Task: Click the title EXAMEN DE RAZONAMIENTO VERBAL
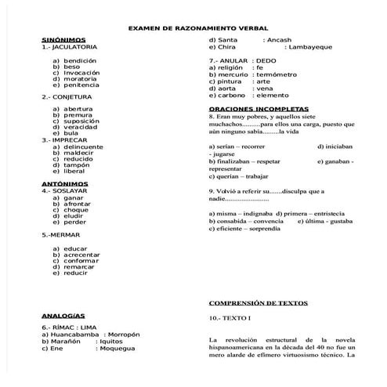coord(193,27)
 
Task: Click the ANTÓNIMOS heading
coord(63,183)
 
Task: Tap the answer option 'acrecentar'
coord(86,255)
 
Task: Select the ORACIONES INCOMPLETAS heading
coord(258,108)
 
